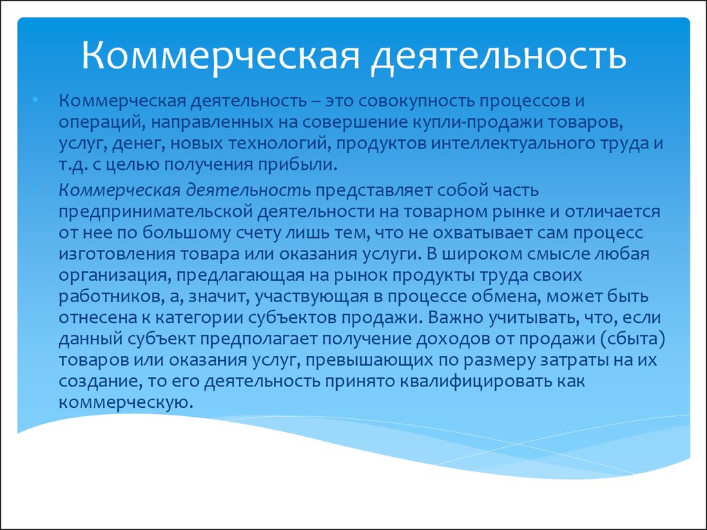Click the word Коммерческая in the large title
220,55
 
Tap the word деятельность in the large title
498,55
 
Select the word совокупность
416,101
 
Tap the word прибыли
297,165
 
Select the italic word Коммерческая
119,190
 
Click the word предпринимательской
155,212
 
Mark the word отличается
612,212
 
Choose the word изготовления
117,254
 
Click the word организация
115,275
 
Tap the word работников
110,297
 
